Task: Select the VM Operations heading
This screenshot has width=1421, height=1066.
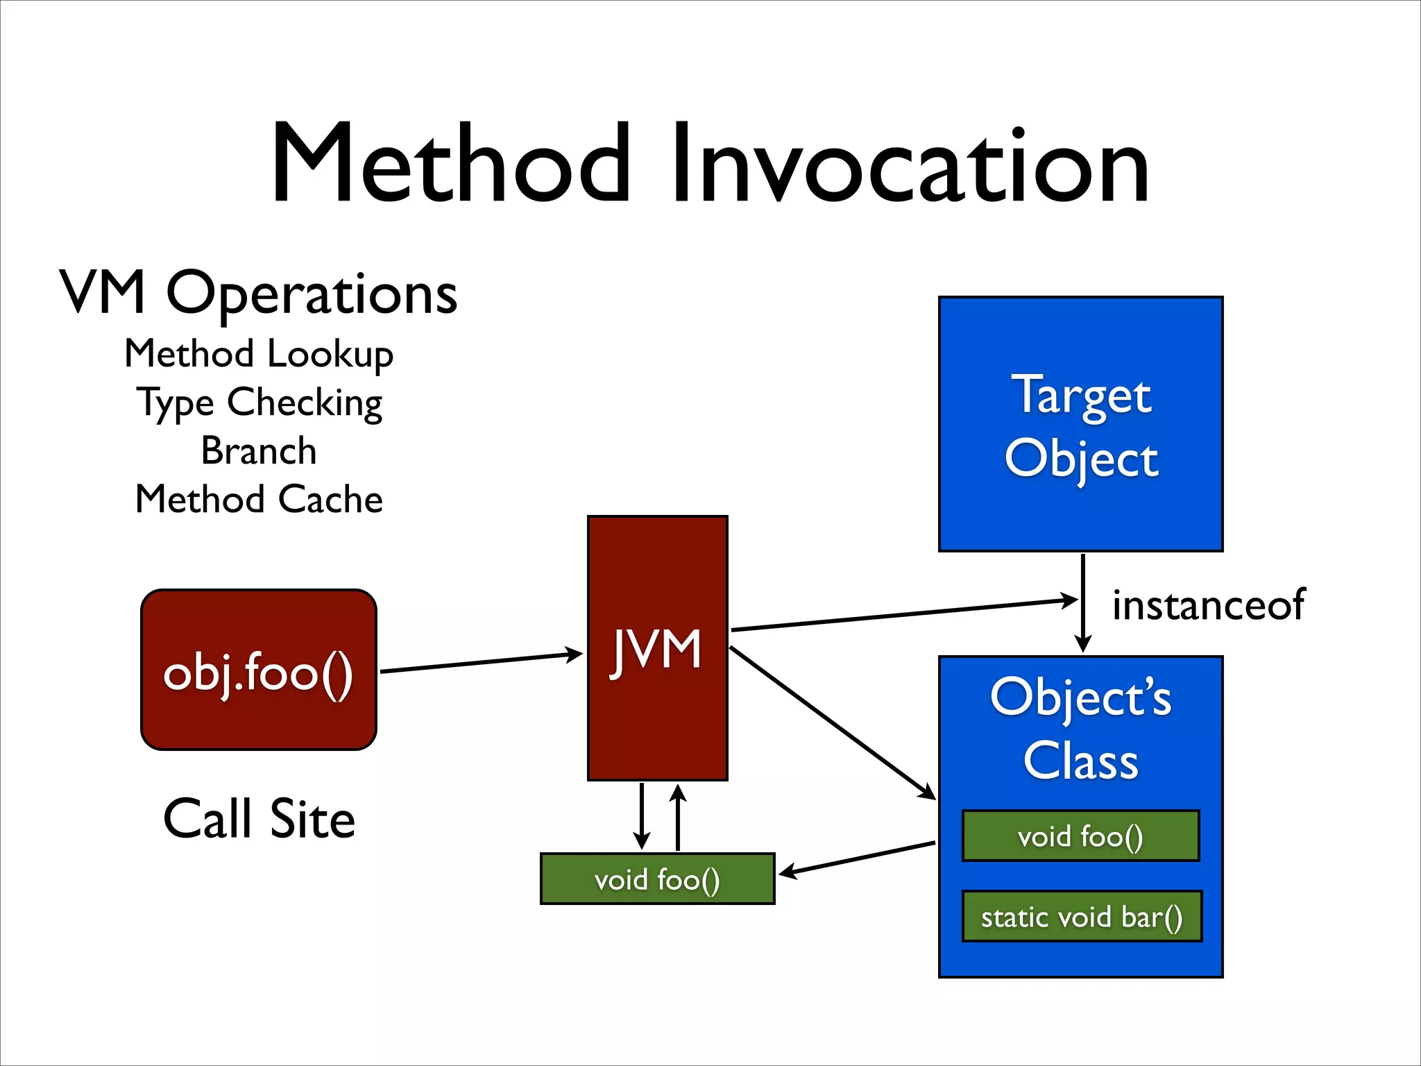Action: pos(258,293)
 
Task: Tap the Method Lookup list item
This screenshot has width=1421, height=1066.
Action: pos(259,354)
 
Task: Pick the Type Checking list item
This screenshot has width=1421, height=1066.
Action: pos(259,403)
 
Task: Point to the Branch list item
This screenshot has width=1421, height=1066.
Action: pos(259,451)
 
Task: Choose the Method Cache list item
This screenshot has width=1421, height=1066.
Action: pos(259,499)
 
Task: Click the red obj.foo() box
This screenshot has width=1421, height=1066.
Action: pos(258,670)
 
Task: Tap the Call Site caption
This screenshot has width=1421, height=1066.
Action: pos(259,819)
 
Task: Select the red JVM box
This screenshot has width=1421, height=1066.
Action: pos(657,715)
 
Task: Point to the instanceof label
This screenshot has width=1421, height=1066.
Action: pos(1208,604)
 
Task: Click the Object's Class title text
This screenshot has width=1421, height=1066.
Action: pos(1080,729)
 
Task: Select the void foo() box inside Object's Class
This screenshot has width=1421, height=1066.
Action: pos(1080,836)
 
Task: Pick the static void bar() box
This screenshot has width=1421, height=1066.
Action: pos(1081,917)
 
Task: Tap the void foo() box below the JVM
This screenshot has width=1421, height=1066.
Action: pos(657,879)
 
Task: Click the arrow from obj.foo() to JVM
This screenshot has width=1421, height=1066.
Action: pos(482,663)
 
